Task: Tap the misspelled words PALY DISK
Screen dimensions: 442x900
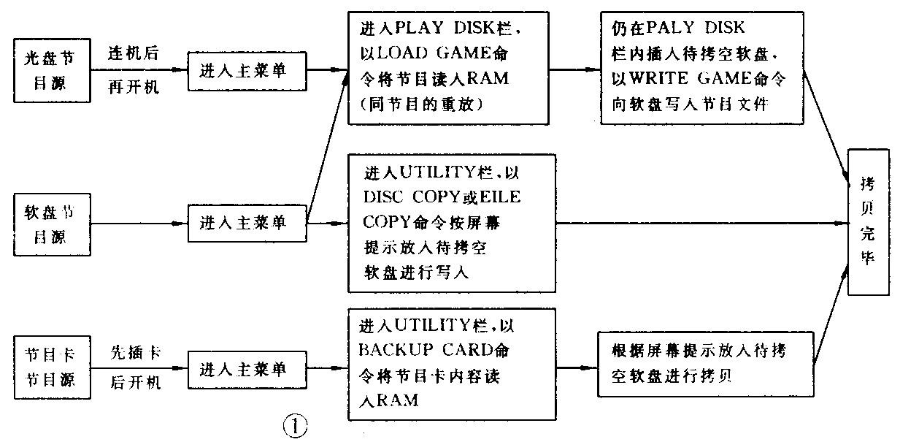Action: click(x=698, y=28)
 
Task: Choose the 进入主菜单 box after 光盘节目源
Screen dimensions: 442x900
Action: click(x=247, y=70)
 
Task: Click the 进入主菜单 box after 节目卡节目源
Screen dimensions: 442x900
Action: click(x=247, y=367)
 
